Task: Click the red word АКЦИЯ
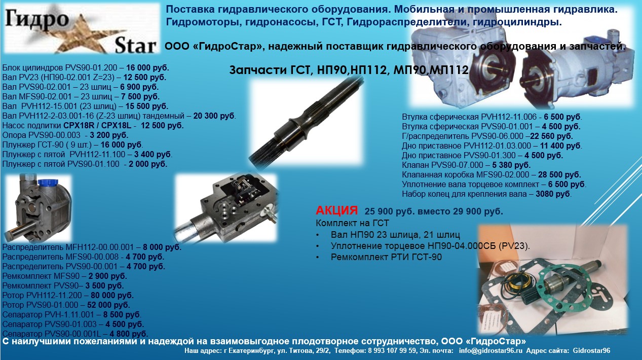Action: pyautogui.click(x=336, y=210)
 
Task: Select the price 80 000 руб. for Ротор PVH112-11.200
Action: pyautogui.click(x=112, y=295)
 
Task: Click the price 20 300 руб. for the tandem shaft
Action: pyautogui.click(x=214, y=116)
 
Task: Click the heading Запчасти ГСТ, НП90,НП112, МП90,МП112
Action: pyautogui.click(x=349, y=70)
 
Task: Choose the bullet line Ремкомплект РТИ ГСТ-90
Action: pyautogui.click(x=386, y=257)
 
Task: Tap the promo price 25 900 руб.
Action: pyautogui.click(x=390, y=211)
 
